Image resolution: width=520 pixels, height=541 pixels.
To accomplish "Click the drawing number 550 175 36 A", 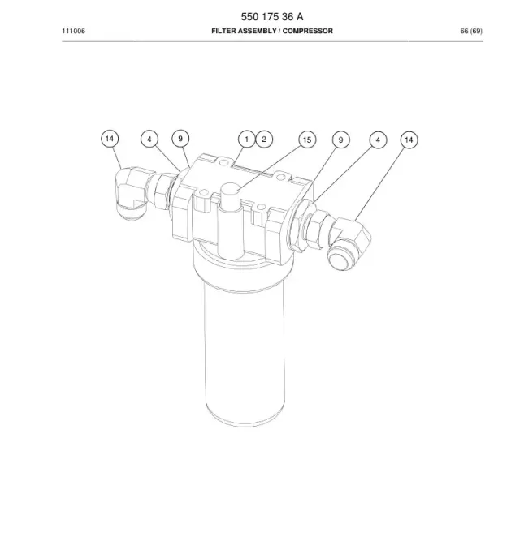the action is point(272,16).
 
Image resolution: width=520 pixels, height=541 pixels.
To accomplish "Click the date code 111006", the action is point(74,31).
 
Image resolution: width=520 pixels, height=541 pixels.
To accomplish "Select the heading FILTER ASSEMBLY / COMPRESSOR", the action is point(272,31).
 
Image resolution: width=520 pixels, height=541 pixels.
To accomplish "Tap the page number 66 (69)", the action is point(471,31).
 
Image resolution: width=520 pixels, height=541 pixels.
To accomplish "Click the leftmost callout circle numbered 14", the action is point(110,139).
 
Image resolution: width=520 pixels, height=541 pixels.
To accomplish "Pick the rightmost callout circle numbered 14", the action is point(409,140).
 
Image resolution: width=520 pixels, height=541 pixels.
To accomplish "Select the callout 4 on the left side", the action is point(149,139).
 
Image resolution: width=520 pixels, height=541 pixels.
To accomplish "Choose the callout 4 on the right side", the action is point(378,140).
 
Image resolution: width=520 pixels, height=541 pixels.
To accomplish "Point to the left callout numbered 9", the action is point(180,139).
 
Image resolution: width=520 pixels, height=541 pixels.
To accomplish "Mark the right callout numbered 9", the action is point(340,140).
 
